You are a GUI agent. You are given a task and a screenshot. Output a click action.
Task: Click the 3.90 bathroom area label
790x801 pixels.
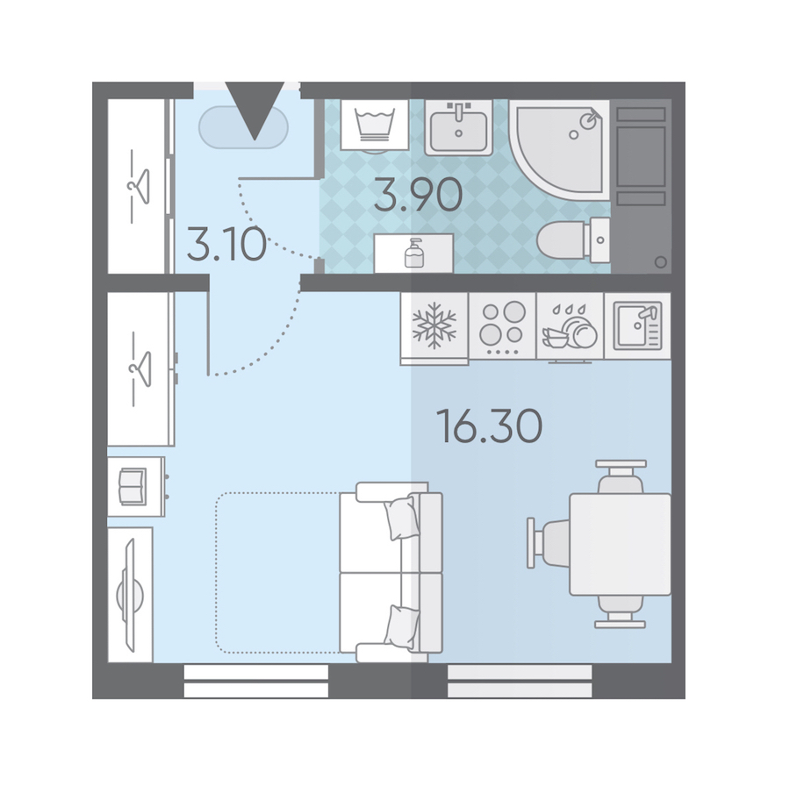(x=418, y=195)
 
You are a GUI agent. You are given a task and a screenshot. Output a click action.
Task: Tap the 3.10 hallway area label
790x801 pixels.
(x=226, y=244)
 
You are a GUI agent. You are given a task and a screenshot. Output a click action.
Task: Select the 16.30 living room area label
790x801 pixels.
(x=489, y=426)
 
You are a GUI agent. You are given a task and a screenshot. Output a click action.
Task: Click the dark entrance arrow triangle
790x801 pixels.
(x=255, y=111)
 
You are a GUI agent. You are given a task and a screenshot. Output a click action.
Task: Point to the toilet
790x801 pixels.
(x=573, y=240)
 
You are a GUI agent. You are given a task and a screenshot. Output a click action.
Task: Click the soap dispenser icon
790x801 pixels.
(x=414, y=253)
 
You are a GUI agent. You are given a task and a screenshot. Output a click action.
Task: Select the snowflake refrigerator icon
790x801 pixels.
(x=434, y=325)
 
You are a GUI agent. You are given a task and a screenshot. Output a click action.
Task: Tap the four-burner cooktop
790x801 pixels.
(x=503, y=325)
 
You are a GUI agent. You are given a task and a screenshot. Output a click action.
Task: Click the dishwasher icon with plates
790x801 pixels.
(x=570, y=327)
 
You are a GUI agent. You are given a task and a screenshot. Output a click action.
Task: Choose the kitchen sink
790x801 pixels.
(x=638, y=325)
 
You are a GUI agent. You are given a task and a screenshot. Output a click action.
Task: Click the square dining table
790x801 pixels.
(x=620, y=544)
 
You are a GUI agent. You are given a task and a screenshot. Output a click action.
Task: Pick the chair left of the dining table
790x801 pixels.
(x=549, y=543)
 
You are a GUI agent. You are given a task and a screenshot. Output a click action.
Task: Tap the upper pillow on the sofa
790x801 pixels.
(x=401, y=518)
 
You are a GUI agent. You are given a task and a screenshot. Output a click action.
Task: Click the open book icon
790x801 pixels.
(x=133, y=486)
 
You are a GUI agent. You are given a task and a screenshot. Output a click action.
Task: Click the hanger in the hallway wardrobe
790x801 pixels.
(x=139, y=187)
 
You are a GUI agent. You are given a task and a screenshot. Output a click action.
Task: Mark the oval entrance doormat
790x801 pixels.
(x=244, y=127)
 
